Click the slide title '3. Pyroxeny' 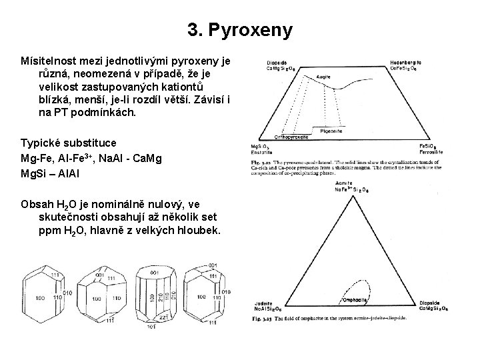click(239, 30)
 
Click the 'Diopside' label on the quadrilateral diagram click(277, 63)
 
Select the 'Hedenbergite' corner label click(406, 63)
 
